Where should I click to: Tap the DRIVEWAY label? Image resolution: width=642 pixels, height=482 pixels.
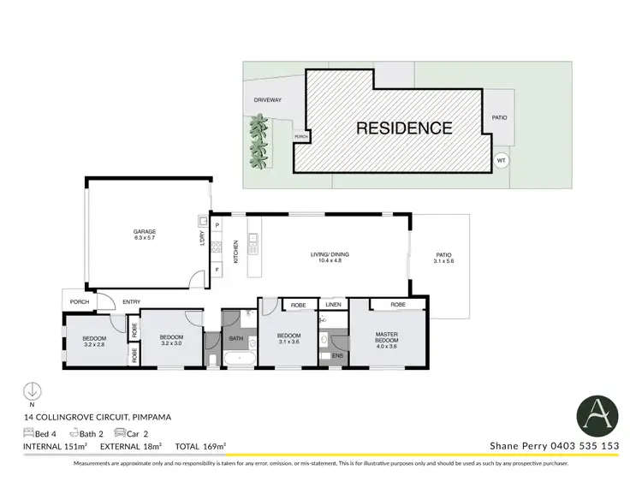[267, 100]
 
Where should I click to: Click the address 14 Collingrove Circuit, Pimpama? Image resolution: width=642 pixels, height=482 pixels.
[98, 417]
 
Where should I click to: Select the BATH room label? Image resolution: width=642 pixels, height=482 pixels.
[236, 338]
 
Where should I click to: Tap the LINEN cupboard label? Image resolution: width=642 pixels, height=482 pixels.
[332, 305]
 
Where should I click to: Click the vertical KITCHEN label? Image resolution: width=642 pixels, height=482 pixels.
[236, 252]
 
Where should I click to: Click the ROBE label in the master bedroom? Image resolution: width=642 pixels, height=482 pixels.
[397, 304]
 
